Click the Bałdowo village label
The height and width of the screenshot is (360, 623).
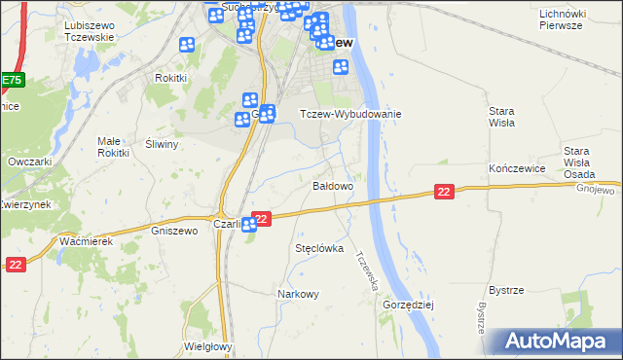pyautogui.click(x=332, y=185)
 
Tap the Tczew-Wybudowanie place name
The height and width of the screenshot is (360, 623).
pyautogui.click(x=349, y=114)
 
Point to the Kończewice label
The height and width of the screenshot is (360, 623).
pyautogui.click(x=514, y=168)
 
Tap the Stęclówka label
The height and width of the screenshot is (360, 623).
pyautogui.click(x=319, y=248)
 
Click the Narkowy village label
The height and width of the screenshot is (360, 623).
pyautogui.click(x=298, y=294)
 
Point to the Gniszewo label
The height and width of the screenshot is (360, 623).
pyautogui.click(x=175, y=231)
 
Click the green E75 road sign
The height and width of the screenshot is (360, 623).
pyautogui.click(x=11, y=80)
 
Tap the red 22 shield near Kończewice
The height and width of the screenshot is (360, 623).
pyautogui.click(x=444, y=193)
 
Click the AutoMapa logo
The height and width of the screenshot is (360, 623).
pyautogui.click(x=558, y=342)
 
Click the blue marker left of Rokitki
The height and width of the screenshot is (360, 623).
pyautogui.click(x=187, y=46)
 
